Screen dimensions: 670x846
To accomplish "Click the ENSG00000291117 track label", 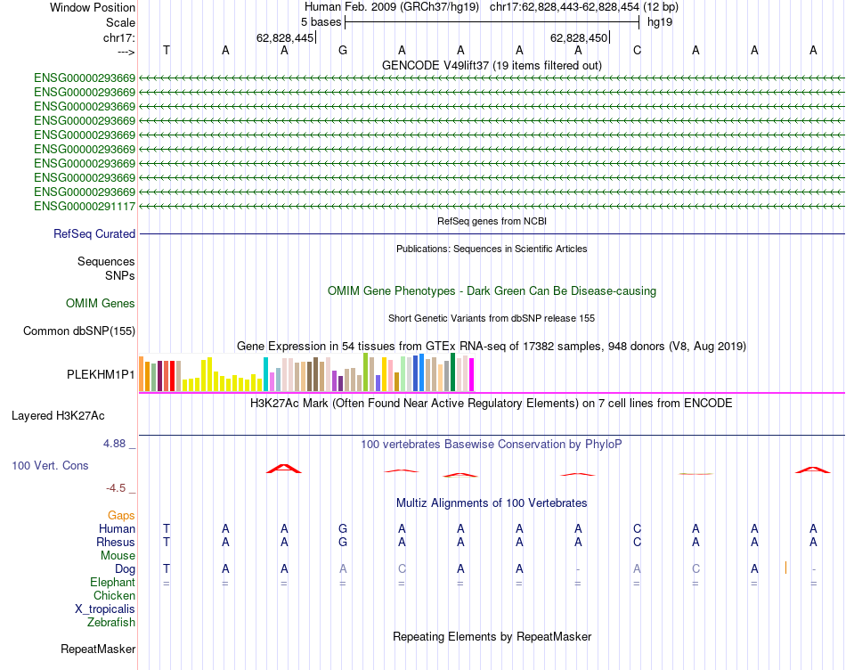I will pos(85,207).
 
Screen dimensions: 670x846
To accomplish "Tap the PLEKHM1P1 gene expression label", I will pos(101,375).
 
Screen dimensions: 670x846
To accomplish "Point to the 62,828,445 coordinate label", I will pos(285,38).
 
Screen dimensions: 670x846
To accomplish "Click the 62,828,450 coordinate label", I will pos(579,38).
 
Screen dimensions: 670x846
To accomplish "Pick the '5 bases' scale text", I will pos(316,21).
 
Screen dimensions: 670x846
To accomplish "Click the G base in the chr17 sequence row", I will pos(343,51).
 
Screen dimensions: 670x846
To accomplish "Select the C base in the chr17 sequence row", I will pos(637,51).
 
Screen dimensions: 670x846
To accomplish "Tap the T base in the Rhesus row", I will pos(166,542).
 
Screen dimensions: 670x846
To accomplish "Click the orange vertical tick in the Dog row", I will pos(785,568).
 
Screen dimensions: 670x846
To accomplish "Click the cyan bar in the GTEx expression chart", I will pos(266,373).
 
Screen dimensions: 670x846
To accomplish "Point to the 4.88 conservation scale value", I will pos(116,443).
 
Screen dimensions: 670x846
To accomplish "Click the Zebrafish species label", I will pos(111,623).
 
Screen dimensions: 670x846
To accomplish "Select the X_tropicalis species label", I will pos(105,609).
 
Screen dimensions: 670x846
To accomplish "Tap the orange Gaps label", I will pos(121,516).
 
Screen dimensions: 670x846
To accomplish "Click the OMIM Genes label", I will pos(101,304).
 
